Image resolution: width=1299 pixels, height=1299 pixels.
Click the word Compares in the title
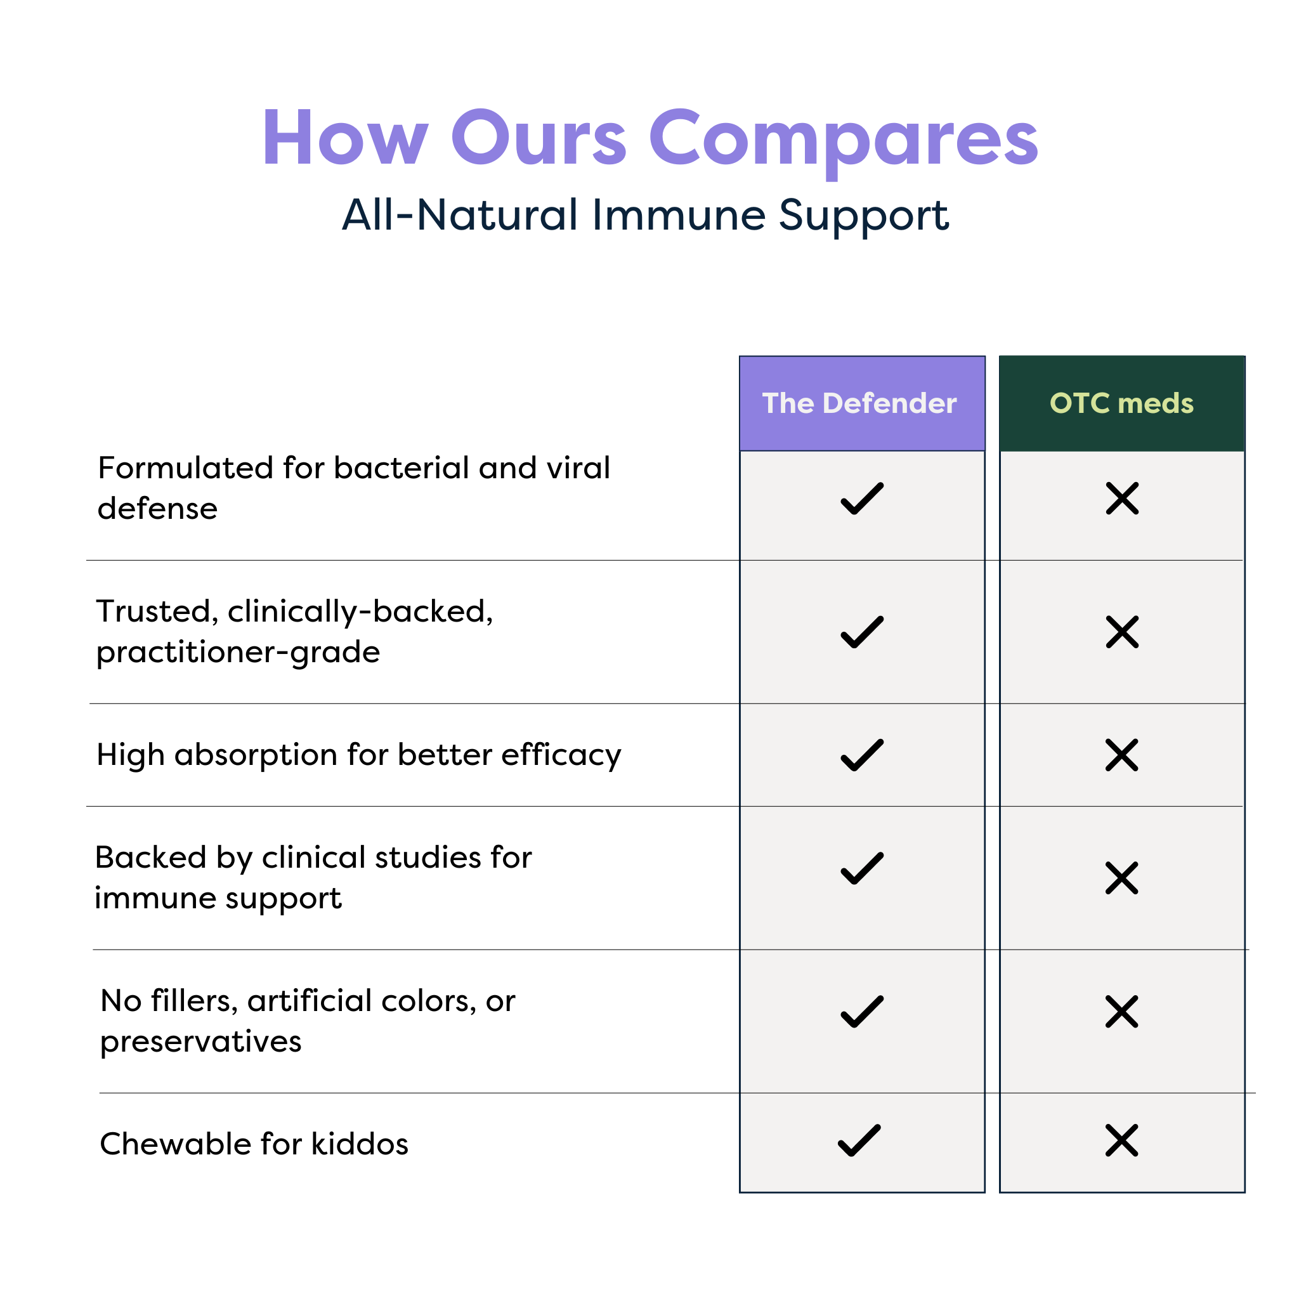coord(843,139)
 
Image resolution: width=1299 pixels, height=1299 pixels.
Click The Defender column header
coord(861,403)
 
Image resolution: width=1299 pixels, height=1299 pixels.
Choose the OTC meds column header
coord(1121,403)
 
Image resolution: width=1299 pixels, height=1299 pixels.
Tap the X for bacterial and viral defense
coord(1122,498)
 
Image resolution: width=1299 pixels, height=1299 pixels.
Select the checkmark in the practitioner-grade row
coord(862,632)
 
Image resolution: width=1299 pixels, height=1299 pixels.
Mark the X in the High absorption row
coord(1121,755)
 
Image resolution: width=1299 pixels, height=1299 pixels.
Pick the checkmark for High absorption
coord(862,755)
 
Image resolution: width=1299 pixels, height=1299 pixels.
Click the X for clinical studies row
coord(1121,878)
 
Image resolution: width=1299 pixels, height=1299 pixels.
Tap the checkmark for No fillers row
coord(862,1012)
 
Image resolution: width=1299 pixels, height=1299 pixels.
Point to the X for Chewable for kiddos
coord(1121,1140)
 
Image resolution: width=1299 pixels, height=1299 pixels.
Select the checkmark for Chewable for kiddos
coord(859,1140)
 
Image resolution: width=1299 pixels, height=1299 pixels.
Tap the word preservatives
coord(200,1041)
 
